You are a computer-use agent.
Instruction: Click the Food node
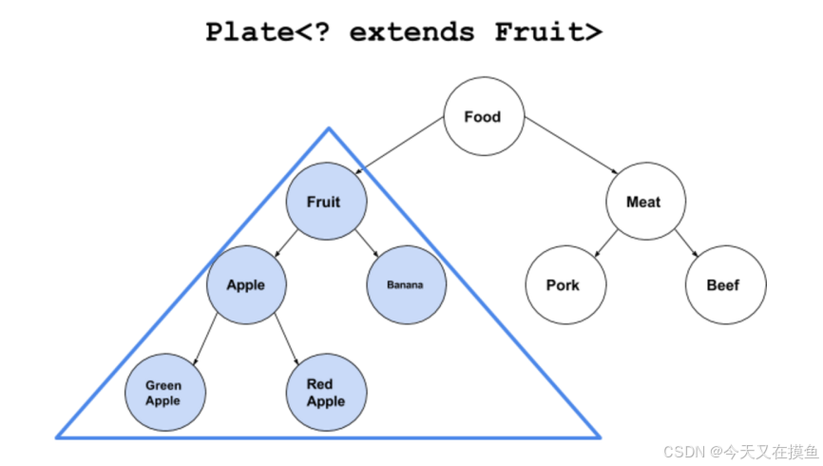tap(483, 117)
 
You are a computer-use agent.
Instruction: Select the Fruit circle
tap(324, 202)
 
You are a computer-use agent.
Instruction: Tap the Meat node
tap(643, 202)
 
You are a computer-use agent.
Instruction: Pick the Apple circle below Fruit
tap(245, 284)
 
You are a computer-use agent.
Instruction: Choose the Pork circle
tap(564, 284)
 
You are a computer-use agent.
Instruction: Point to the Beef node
tap(723, 284)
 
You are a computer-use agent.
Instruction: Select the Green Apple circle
tap(163, 393)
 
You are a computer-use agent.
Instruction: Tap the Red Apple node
tap(326, 392)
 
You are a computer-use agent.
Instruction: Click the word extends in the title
tap(411, 31)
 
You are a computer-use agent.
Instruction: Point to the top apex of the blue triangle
tap(329, 128)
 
